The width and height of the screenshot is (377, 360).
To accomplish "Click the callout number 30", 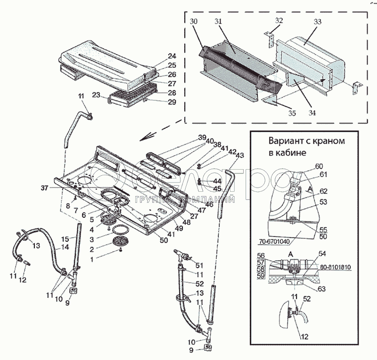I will [194, 22].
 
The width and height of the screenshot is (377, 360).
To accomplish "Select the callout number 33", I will [317, 22].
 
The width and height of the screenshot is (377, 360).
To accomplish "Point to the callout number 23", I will [97, 95].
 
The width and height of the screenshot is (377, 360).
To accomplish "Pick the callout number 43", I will [239, 155].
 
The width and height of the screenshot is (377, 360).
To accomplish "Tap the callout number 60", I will [319, 166].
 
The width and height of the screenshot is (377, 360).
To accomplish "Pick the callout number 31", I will [218, 22].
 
